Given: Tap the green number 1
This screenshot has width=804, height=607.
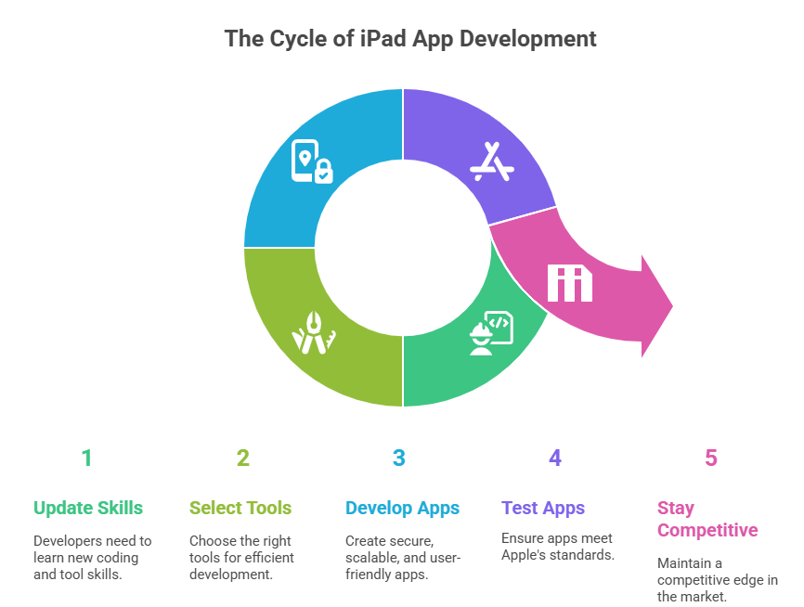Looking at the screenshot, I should click(x=86, y=458).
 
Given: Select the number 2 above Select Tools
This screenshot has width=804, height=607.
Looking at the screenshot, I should click(x=242, y=458).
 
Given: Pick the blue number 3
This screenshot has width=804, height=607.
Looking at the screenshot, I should click(x=398, y=458).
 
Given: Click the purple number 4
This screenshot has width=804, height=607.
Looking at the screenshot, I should click(x=554, y=458).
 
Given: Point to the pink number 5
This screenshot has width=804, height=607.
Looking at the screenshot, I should click(x=710, y=458).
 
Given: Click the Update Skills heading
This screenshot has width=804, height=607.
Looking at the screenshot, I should click(x=88, y=508).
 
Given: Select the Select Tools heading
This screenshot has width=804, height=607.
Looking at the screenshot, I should click(x=240, y=508).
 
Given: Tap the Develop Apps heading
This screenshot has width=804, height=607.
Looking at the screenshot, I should click(x=402, y=508).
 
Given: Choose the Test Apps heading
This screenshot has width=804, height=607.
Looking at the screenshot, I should click(x=543, y=508).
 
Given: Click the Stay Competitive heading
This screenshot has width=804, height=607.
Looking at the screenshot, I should click(x=707, y=519).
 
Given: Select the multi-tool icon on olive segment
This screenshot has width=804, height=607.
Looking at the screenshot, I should click(x=314, y=331).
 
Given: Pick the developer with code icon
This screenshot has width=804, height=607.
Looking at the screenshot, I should click(x=491, y=333).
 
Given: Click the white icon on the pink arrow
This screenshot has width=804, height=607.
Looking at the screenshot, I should click(x=569, y=283).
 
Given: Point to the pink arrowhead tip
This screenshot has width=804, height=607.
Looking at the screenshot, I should click(x=671, y=304).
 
